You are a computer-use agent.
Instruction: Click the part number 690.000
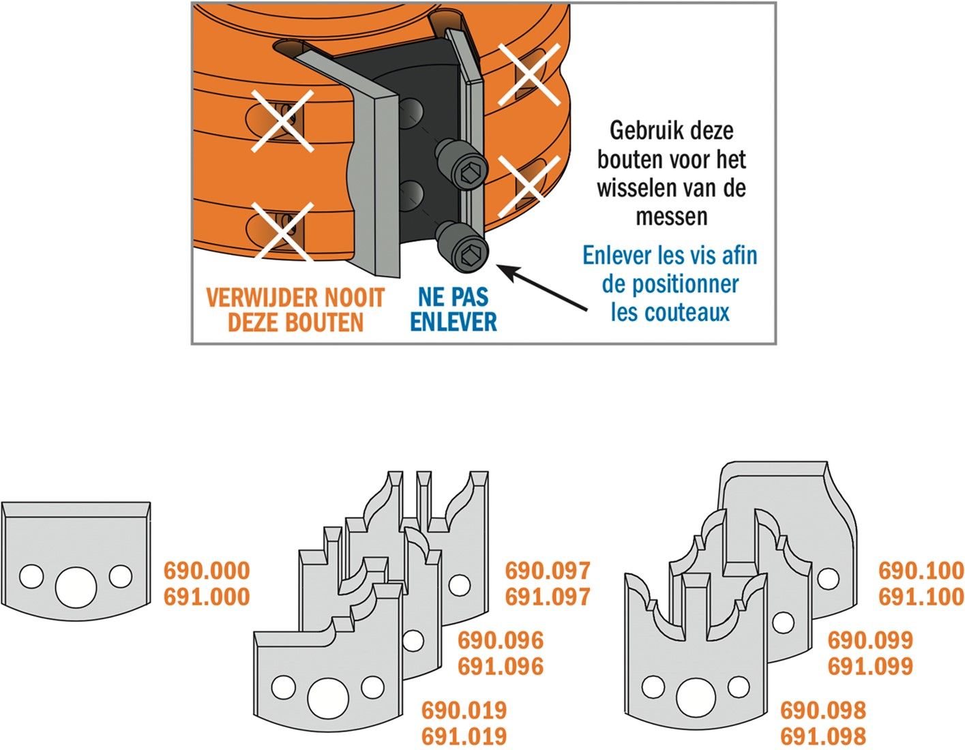pos(207,571)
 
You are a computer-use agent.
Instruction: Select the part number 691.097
pos(548,597)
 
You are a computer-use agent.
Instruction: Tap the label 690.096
pos(501,640)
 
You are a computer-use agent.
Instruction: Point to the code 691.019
pos(464,736)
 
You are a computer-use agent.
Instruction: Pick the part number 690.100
pos(921,571)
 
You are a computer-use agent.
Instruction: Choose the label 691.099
pos(871,666)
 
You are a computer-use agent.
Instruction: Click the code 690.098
pos(823,710)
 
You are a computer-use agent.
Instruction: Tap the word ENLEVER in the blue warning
pos(454,322)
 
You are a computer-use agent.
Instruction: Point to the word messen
pos(672,217)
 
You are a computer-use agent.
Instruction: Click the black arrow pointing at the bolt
pos(541,288)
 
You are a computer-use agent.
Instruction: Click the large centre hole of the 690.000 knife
pos(76,587)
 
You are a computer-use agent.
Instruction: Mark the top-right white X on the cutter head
pos(529,75)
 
